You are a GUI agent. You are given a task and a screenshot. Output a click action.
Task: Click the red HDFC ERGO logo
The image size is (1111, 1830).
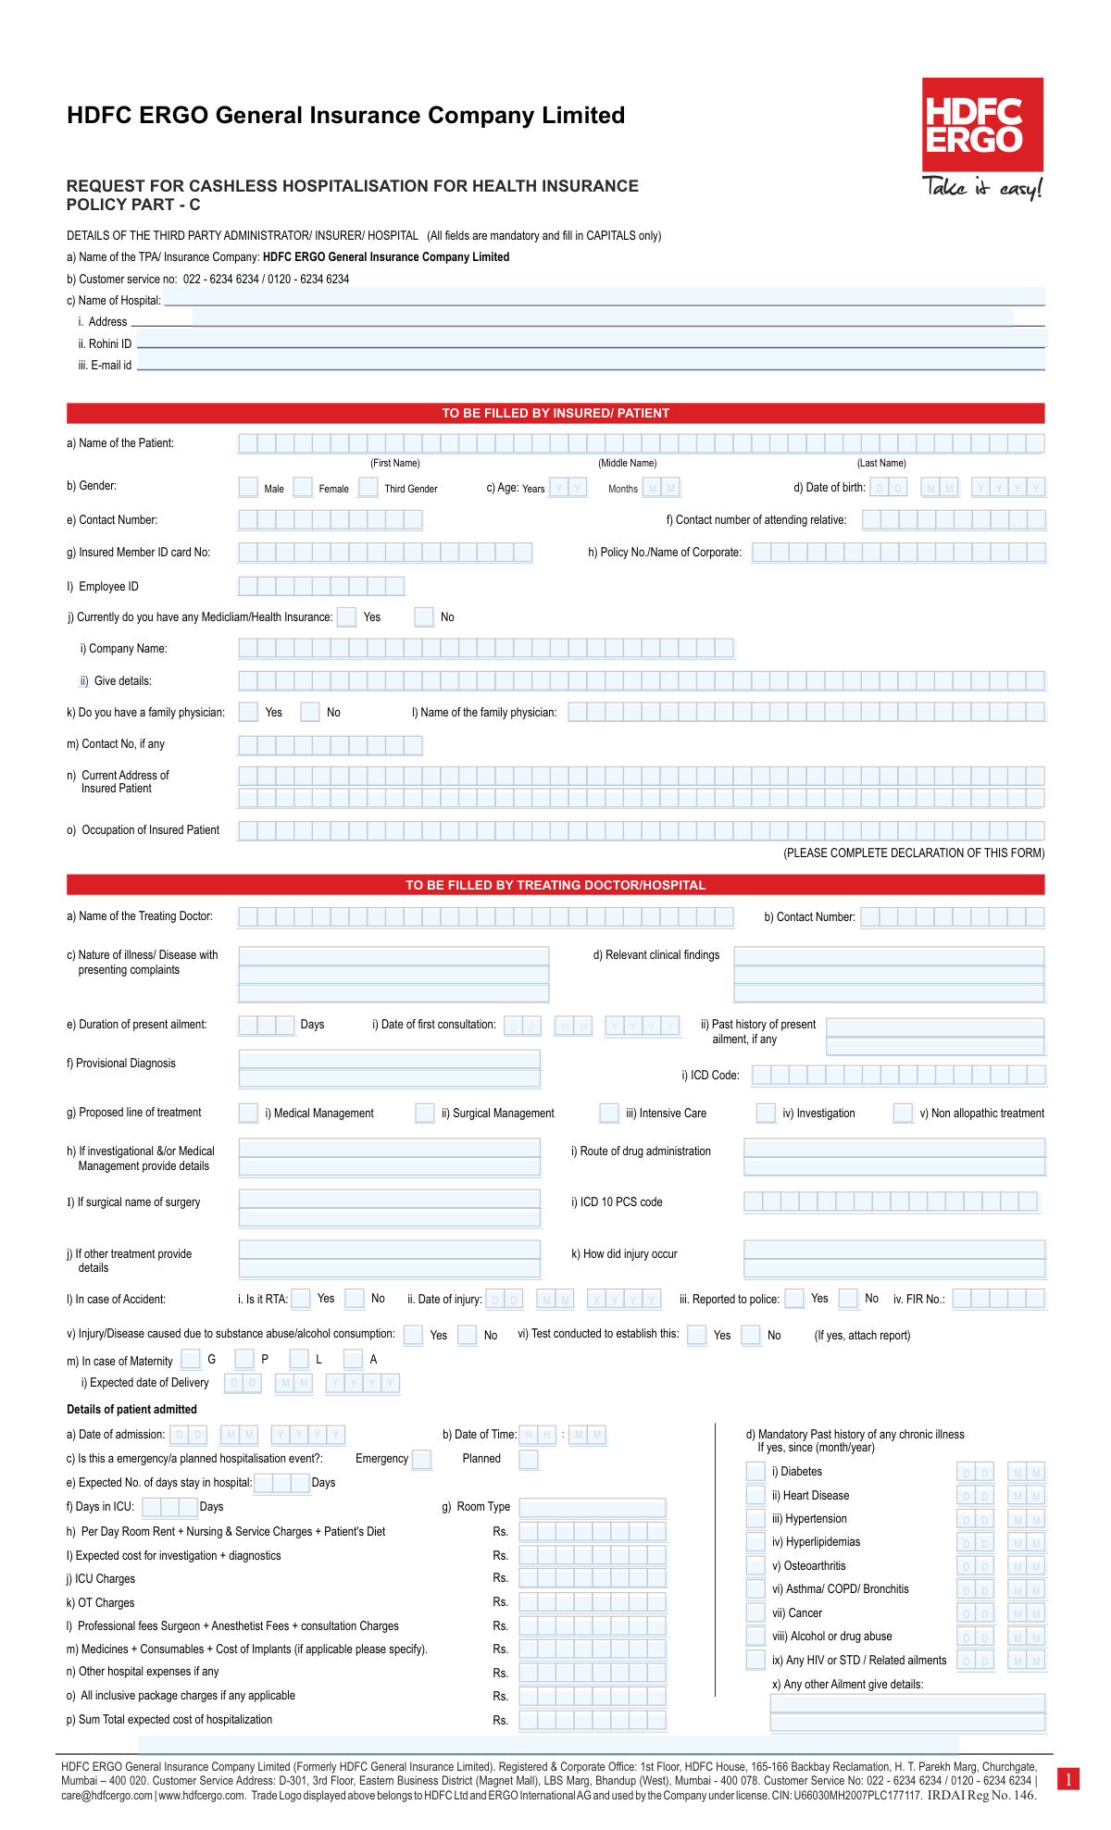(x=982, y=124)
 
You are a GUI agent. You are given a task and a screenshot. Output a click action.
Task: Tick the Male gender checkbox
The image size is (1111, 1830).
(x=248, y=487)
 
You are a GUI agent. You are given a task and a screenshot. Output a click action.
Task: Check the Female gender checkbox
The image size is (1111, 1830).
(x=303, y=487)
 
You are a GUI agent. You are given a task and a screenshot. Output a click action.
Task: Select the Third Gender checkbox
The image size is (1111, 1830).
(x=368, y=487)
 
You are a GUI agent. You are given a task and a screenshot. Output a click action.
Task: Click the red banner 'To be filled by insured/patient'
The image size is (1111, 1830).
(x=555, y=413)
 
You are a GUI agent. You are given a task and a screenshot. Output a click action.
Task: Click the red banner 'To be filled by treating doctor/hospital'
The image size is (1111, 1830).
(x=555, y=885)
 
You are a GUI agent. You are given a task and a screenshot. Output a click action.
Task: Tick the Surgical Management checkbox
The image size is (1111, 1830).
(x=425, y=1113)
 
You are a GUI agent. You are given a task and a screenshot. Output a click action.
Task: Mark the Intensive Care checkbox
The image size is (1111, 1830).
(x=609, y=1113)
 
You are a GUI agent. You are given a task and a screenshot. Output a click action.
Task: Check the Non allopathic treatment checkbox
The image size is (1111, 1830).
(x=903, y=1113)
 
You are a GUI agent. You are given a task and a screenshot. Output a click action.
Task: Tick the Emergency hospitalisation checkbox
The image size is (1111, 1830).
(x=421, y=1460)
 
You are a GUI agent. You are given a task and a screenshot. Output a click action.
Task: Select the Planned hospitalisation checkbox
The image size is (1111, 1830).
(x=529, y=1460)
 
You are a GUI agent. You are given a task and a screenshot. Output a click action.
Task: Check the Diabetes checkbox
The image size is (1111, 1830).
(x=755, y=1472)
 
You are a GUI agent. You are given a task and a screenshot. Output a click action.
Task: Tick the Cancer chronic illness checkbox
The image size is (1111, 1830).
(x=755, y=1612)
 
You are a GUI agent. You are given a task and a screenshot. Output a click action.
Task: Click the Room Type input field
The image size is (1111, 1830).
(x=593, y=1507)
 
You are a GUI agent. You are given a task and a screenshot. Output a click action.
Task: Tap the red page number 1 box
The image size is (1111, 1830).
(x=1067, y=1778)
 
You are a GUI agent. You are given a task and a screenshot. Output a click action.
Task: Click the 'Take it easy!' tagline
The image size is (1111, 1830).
(x=982, y=188)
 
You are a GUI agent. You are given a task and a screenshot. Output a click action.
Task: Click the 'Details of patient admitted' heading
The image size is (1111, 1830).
(x=131, y=1410)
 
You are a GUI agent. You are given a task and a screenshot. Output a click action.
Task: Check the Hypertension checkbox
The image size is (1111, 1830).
(x=755, y=1518)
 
